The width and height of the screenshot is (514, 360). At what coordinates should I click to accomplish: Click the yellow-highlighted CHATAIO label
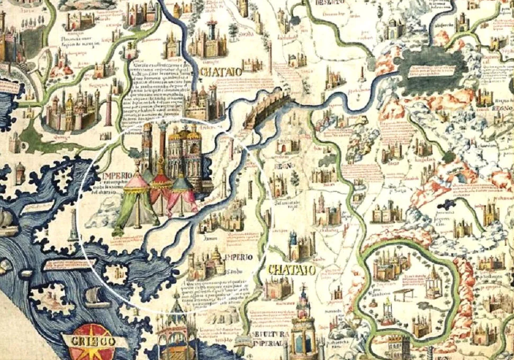(x=291, y=269)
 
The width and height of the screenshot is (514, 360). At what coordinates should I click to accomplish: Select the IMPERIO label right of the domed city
(x=239, y=258)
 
